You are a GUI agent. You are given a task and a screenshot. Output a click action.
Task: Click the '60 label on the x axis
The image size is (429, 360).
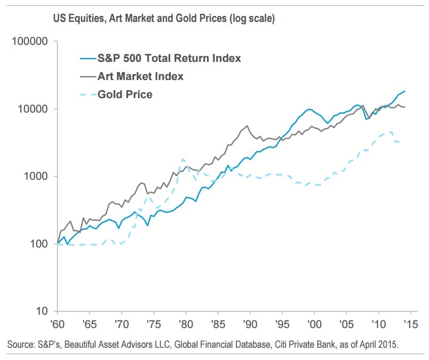(57, 323)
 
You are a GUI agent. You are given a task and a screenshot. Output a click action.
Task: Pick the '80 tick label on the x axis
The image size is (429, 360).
(186, 323)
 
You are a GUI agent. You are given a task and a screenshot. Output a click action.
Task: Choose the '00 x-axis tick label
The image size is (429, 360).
(314, 323)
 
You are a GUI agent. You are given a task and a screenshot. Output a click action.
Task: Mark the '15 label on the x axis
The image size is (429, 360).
(410, 323)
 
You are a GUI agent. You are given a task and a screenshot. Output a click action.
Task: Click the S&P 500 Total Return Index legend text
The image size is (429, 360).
(169, 58)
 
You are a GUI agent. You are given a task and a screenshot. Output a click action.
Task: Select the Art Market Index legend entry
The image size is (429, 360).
(140, 76)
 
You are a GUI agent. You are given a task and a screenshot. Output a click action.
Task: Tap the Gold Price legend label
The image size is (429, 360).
(125, 94)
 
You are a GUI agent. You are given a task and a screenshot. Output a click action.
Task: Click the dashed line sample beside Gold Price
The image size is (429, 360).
(86, 94)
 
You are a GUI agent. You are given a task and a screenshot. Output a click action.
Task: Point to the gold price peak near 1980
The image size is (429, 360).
(183, 159)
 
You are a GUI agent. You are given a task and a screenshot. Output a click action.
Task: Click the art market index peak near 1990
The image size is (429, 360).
(247, 126)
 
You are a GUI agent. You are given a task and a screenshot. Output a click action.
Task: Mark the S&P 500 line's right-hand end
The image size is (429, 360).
(404, 91)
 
